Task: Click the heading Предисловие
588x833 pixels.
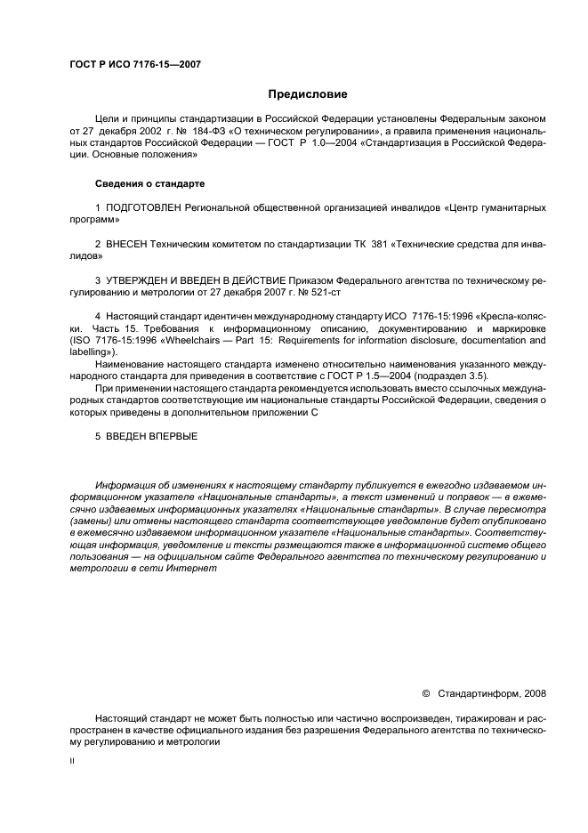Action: click(308, 94)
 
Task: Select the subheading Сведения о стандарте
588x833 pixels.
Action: click(149, 183)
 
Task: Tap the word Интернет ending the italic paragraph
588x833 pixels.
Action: click(192, 568)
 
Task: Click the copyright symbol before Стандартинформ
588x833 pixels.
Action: click(425, 692)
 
